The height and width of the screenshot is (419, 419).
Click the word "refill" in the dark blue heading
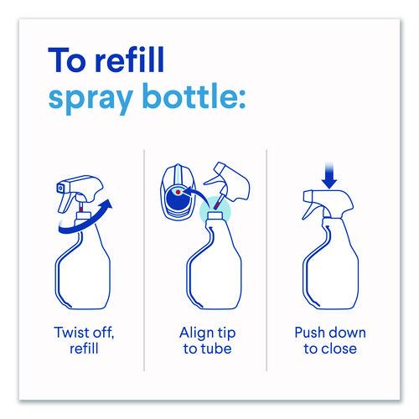click(x=130, y=59)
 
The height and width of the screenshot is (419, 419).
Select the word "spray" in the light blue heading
click(x=91, y=99)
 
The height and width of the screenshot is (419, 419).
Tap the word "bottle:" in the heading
click(x=195, y=96)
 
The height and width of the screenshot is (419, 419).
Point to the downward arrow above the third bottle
click(x=329, y=175)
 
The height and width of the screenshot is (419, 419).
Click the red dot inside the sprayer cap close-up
click(x=178, y=192)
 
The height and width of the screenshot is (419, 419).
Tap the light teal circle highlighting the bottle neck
click(x=215, y=211)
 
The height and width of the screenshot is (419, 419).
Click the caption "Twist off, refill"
click(x=84, y=340)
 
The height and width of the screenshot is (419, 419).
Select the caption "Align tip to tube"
click(x=208, y=340)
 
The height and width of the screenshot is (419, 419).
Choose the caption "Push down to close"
click(x=330, y=340)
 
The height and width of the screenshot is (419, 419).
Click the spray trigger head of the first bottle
click(x=80, y=194)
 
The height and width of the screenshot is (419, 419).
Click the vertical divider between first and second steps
click(x=144, y=261)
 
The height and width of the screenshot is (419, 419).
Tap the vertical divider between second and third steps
click(x=266, y=261)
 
